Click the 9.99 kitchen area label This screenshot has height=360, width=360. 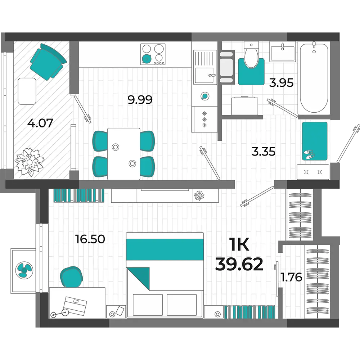[x=140, y=100]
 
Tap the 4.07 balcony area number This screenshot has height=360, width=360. [x=40, y=123]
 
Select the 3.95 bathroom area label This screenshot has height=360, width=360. [x=281, y=83]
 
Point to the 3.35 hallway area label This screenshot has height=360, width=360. [x=264, y=152]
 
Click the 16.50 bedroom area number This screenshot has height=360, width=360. [x=90, y=239]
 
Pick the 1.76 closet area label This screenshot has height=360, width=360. [x=291, y=277]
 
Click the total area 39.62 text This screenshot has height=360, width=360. [x=239, y=264]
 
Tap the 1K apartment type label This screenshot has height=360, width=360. [x=239, y=245]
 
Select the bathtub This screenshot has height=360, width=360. [x=314, y=78]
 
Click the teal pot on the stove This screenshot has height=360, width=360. [x=146, y=59]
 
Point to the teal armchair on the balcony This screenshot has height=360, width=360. [x=48, y=62]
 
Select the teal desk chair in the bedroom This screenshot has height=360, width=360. [x=71, y=277]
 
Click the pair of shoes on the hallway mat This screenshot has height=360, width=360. [x=309, y=154]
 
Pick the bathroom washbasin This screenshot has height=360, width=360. [x=282, y=52]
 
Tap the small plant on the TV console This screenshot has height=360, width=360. [x=199, y=195]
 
